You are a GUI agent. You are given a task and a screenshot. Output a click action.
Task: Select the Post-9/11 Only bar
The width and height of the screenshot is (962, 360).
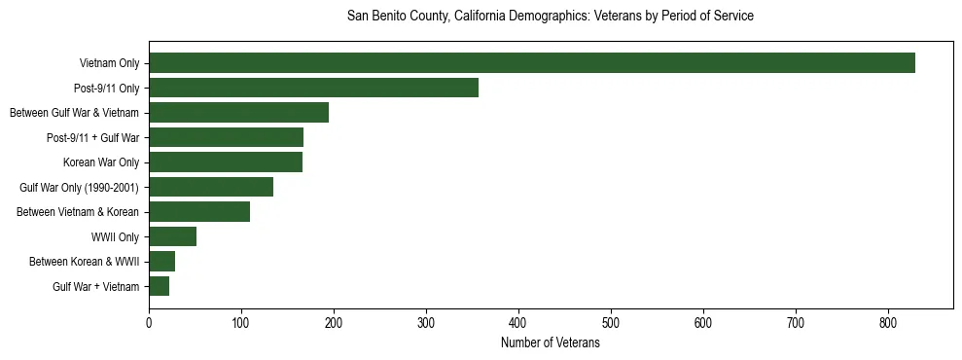(313, 88)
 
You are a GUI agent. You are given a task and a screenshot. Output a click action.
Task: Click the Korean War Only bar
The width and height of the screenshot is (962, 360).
(226, 162)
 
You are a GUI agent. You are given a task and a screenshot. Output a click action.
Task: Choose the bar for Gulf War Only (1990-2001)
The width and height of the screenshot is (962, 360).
(211, 187)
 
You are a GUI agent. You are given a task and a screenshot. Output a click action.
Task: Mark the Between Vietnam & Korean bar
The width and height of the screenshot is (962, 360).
(199, 212)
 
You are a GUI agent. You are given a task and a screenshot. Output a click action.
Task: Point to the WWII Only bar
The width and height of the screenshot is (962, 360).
(172, 236)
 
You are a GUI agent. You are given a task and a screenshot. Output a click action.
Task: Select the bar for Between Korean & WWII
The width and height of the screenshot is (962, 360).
(161, 262)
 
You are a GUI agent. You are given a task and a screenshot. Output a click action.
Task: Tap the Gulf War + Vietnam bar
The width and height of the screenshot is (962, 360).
(159, 286)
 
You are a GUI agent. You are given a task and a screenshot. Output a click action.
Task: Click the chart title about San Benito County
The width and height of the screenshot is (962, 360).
(551, 17)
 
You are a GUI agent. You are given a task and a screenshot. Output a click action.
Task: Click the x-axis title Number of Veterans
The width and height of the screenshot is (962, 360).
(551, 343)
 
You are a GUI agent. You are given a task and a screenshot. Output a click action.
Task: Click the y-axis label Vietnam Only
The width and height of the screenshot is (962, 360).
(109, 64)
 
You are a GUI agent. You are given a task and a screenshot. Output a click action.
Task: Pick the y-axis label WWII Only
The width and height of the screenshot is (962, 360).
(115, 237)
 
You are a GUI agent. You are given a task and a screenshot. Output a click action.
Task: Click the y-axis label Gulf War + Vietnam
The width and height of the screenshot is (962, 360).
(96, 287)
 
